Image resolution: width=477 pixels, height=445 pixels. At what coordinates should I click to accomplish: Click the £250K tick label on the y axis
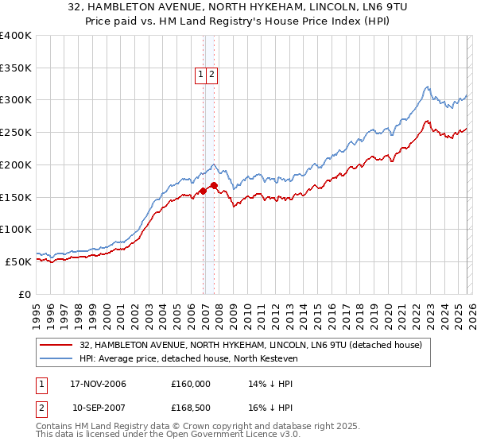coord(16,132)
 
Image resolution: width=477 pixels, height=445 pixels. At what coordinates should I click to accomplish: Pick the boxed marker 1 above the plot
coord(201,75)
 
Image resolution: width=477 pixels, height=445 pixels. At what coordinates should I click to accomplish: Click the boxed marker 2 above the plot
coord(212,75)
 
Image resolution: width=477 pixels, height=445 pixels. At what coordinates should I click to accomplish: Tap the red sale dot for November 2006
coord(204,191)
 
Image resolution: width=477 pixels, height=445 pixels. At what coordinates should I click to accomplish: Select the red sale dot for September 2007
coord(215,185)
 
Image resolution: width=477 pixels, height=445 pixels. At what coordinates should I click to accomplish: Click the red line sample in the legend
coord(57,345)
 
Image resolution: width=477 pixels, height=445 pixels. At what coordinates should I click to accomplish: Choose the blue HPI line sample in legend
coord(57,358)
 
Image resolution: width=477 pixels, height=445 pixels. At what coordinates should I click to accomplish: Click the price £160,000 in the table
coord(191,384)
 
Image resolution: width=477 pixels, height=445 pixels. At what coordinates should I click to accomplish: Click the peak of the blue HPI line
coord(427,87)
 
